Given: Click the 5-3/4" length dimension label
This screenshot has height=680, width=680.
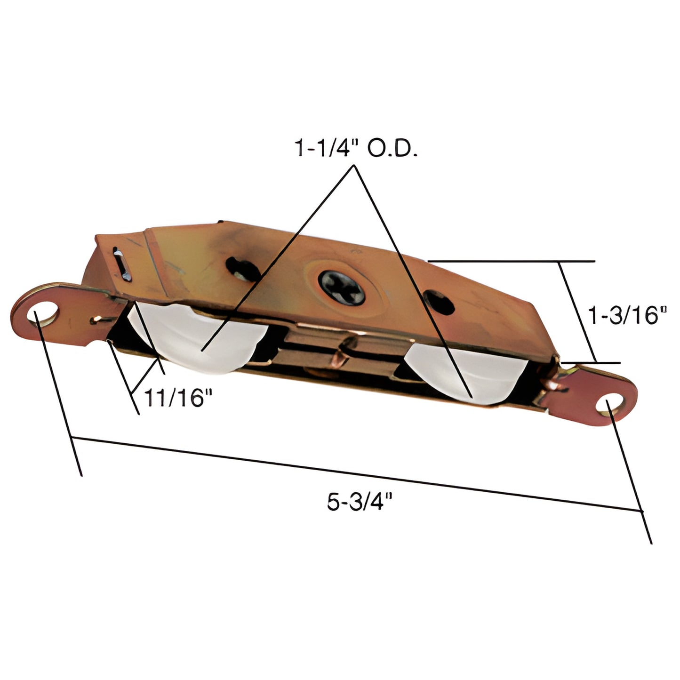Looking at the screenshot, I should point(360,502).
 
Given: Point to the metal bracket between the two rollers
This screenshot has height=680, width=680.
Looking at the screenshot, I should point(339,353).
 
